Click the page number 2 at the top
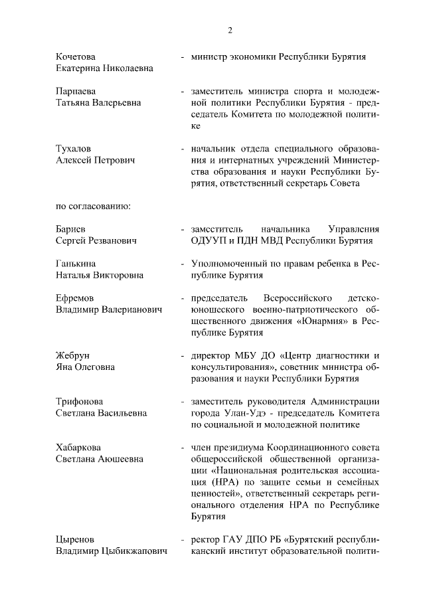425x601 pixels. (230, 29)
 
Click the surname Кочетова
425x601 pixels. (76, 56)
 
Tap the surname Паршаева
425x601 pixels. (76, 91)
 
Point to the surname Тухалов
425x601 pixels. (74, 149)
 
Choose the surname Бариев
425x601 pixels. (70, 229)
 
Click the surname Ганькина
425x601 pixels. (76, 264)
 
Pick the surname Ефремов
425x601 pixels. (75, 298)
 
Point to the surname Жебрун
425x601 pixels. (73, 355)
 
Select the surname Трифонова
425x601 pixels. (80, 401)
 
